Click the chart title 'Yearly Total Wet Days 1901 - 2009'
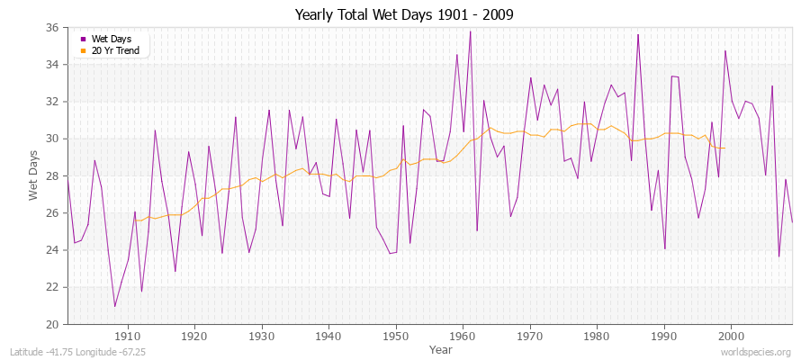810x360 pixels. (405, 15)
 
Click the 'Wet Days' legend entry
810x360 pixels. (111, 39)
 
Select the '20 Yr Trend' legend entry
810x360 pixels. (114, 51)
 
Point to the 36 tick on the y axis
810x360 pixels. (52, 28)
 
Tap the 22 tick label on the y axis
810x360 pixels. (52, 287)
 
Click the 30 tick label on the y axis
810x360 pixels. (52, 139)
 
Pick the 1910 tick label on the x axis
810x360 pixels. (128, 336)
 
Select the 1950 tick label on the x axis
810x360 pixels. (395, 336)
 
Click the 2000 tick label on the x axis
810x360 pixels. (730, 336)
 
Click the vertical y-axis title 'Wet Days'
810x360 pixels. (33, 175)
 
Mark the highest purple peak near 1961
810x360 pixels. (470, 31)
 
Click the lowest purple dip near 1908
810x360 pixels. (114, 306)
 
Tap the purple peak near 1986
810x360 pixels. (637, 35)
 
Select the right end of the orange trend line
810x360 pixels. (724, 148)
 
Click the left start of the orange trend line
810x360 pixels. (135, 220)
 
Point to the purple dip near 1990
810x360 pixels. (664, 248)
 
